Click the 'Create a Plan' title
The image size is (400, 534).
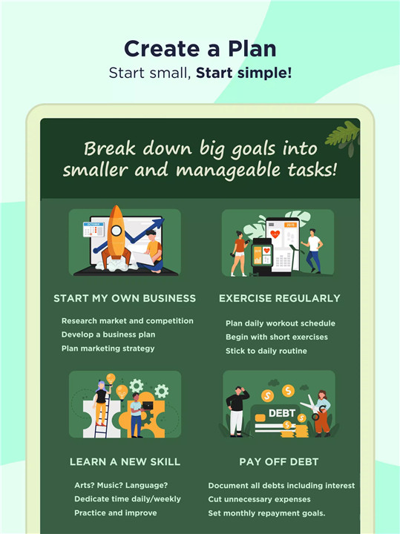(200, 49)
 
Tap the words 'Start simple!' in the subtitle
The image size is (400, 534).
(243, 73)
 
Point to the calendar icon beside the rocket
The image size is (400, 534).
(94, 229)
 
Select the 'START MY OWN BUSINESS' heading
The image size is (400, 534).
(125, 298)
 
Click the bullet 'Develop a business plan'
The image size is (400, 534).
(108, 334)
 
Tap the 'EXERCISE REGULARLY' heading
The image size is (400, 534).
(279, 298)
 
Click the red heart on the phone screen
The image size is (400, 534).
(275, 234)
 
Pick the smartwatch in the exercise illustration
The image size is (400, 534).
(262, 256)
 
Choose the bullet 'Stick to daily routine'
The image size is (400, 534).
(266, 351)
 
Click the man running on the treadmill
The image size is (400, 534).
(312, 251)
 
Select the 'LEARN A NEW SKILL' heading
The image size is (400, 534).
(125, 462)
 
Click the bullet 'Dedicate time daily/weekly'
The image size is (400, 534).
(128, 499)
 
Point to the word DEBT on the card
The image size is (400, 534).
(282, 413)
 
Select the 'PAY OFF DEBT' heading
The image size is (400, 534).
(279, 462)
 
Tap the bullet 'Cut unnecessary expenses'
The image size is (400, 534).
(259, 500)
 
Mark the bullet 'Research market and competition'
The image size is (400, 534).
(128, 321)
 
